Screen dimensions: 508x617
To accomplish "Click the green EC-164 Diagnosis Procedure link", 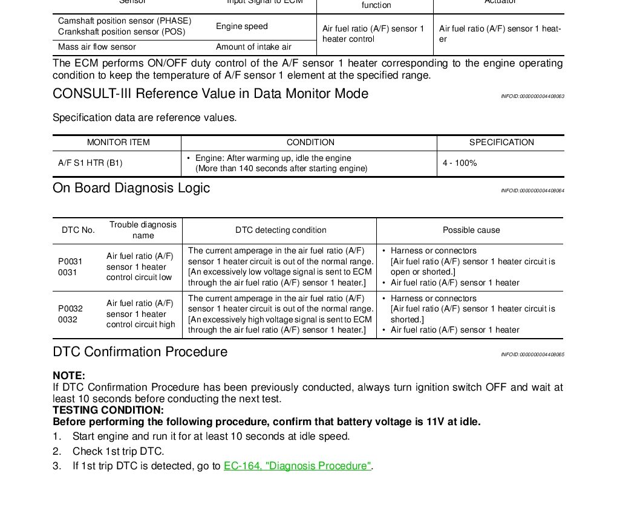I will (297, 466).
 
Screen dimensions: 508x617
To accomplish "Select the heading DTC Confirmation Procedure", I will (140, 352).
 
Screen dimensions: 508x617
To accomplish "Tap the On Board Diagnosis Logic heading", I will (131, 188).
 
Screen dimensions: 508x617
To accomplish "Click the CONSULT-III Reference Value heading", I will (211, 94).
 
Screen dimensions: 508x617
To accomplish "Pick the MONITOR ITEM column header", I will (119, 143).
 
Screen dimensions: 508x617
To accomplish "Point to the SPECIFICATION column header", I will (501, 143).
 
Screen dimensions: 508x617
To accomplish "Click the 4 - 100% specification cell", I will (460, 163).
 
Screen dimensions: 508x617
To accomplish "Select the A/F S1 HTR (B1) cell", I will (90, 163).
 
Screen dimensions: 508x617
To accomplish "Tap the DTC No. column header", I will (79, 230).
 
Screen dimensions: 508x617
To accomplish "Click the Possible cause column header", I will (471, 230).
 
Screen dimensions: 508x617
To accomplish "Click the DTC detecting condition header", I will (281, 230).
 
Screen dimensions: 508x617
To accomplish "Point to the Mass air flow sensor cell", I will (97, 47).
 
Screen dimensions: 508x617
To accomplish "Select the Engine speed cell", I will (241, 27).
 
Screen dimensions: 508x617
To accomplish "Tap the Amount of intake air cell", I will (253, 47).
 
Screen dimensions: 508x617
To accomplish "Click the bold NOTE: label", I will (69, 376).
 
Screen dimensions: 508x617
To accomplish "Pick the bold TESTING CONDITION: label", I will (108, 410).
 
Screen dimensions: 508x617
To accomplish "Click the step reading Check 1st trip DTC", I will (118, 451).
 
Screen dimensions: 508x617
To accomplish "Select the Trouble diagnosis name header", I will (143, 230).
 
